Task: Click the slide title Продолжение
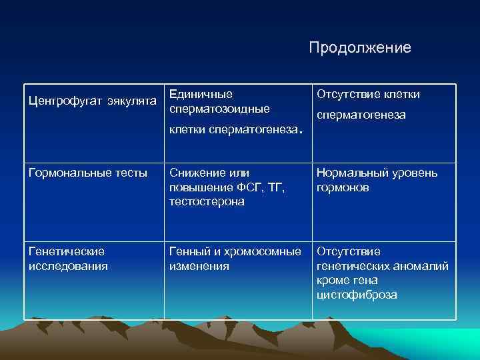click(360, 48)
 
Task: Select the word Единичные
click(201, 94)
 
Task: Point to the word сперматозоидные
click(219, 108)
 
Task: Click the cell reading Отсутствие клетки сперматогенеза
click(367, 105)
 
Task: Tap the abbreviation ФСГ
click(251, 187)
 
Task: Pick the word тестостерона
click(207, 201)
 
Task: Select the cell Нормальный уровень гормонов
click(377, 180)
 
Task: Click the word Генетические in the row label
click(67, 252)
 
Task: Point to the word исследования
click(68, 266)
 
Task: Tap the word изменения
click(199, 266)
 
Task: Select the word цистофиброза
click(357, 294)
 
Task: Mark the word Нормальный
click(353, 173)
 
